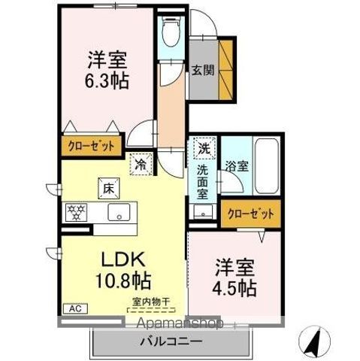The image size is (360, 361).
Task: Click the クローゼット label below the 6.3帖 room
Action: [88, 144]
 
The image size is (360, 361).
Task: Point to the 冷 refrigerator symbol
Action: [141, 160]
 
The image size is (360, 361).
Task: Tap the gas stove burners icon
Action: [77, 212]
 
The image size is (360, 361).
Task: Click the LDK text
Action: [119, 261]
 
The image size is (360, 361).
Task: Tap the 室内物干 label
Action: [151, 302]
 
